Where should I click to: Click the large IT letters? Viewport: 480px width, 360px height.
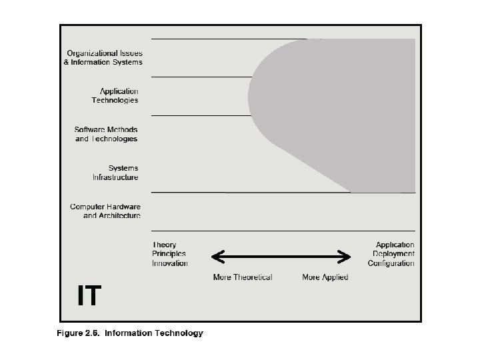click(x=89, y=296)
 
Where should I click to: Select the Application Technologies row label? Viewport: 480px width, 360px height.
click(x=115, y=95)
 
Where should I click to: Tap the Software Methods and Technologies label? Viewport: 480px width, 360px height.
click(x=106, y=133)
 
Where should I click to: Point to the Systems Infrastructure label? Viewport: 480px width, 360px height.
click(x=115, y=172)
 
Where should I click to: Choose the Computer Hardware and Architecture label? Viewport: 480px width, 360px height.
click(x=105, y=211)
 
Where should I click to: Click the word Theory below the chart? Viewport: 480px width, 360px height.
click(x=164, y=245)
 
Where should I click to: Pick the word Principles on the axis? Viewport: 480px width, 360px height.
click(x=169, y=253)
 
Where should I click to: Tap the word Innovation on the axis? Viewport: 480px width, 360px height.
click(x=170, y=263)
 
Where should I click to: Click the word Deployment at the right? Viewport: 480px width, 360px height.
click(x=393, y=253)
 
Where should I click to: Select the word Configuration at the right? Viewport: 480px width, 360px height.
click(x=391, y=263)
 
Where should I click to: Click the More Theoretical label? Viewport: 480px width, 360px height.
click(x=243, y=277)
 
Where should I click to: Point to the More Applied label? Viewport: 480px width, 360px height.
click(x=325, y=277)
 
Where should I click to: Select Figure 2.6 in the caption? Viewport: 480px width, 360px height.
click(x=78, y=333)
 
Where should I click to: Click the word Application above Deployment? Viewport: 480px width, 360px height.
click(x=395, y=245)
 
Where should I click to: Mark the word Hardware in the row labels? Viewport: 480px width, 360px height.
click(x=124, y=207)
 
